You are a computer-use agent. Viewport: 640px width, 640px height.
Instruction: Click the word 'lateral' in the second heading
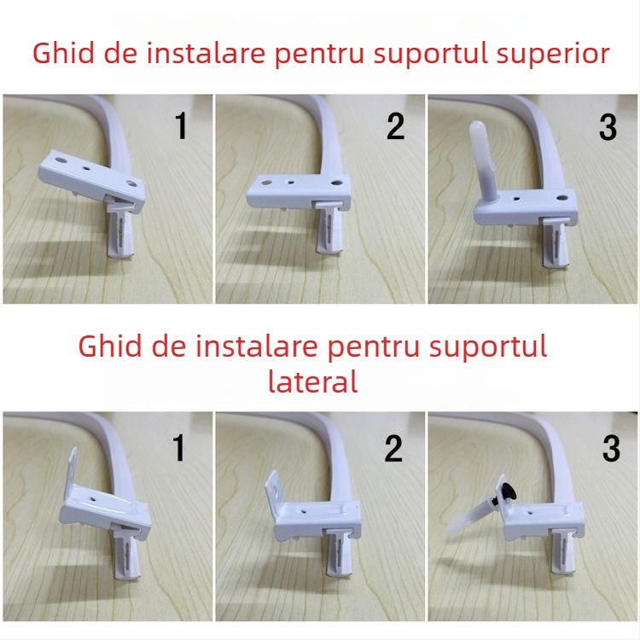pos(312,381)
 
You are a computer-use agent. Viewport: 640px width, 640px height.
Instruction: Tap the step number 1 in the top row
pos(180,126)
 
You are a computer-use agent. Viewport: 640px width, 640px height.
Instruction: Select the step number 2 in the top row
pos(394,126)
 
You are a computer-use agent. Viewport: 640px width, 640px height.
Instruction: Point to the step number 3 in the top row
pos(608,126)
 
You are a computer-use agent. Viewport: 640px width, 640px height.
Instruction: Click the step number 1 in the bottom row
pos(179,449)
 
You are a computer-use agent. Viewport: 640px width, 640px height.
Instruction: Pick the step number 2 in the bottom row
pos(393,449)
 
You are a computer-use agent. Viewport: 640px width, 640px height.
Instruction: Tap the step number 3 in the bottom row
pos(611,449)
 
